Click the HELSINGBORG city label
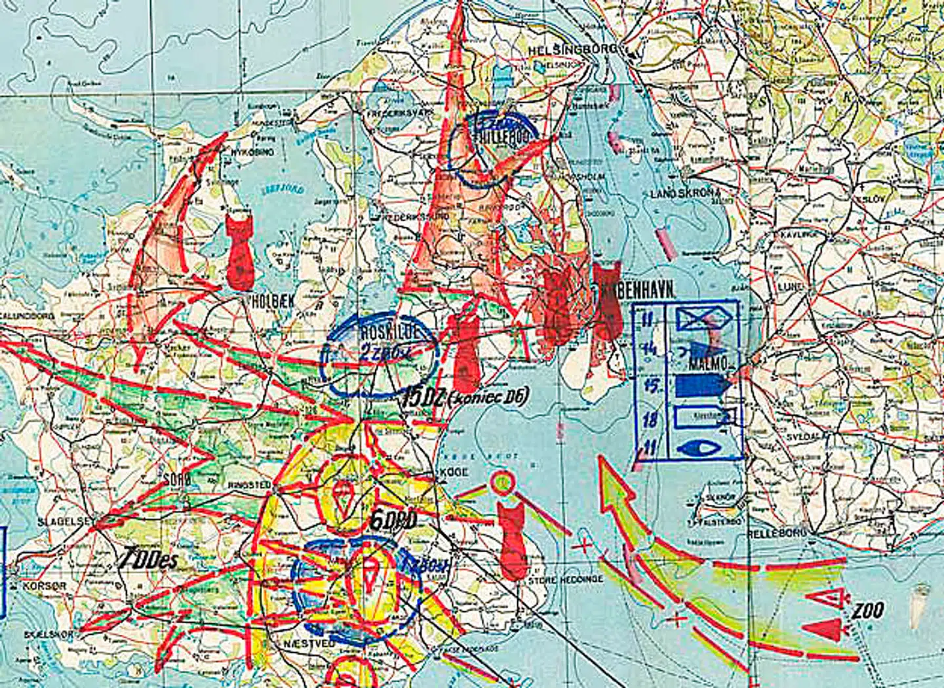(573, 49)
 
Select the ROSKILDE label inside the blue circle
(389, 333)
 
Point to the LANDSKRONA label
(686, 193)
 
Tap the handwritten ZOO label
(867, 612)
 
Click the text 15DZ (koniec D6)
(465, 397)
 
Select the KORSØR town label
(44, 585)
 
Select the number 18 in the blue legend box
(649, 418)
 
